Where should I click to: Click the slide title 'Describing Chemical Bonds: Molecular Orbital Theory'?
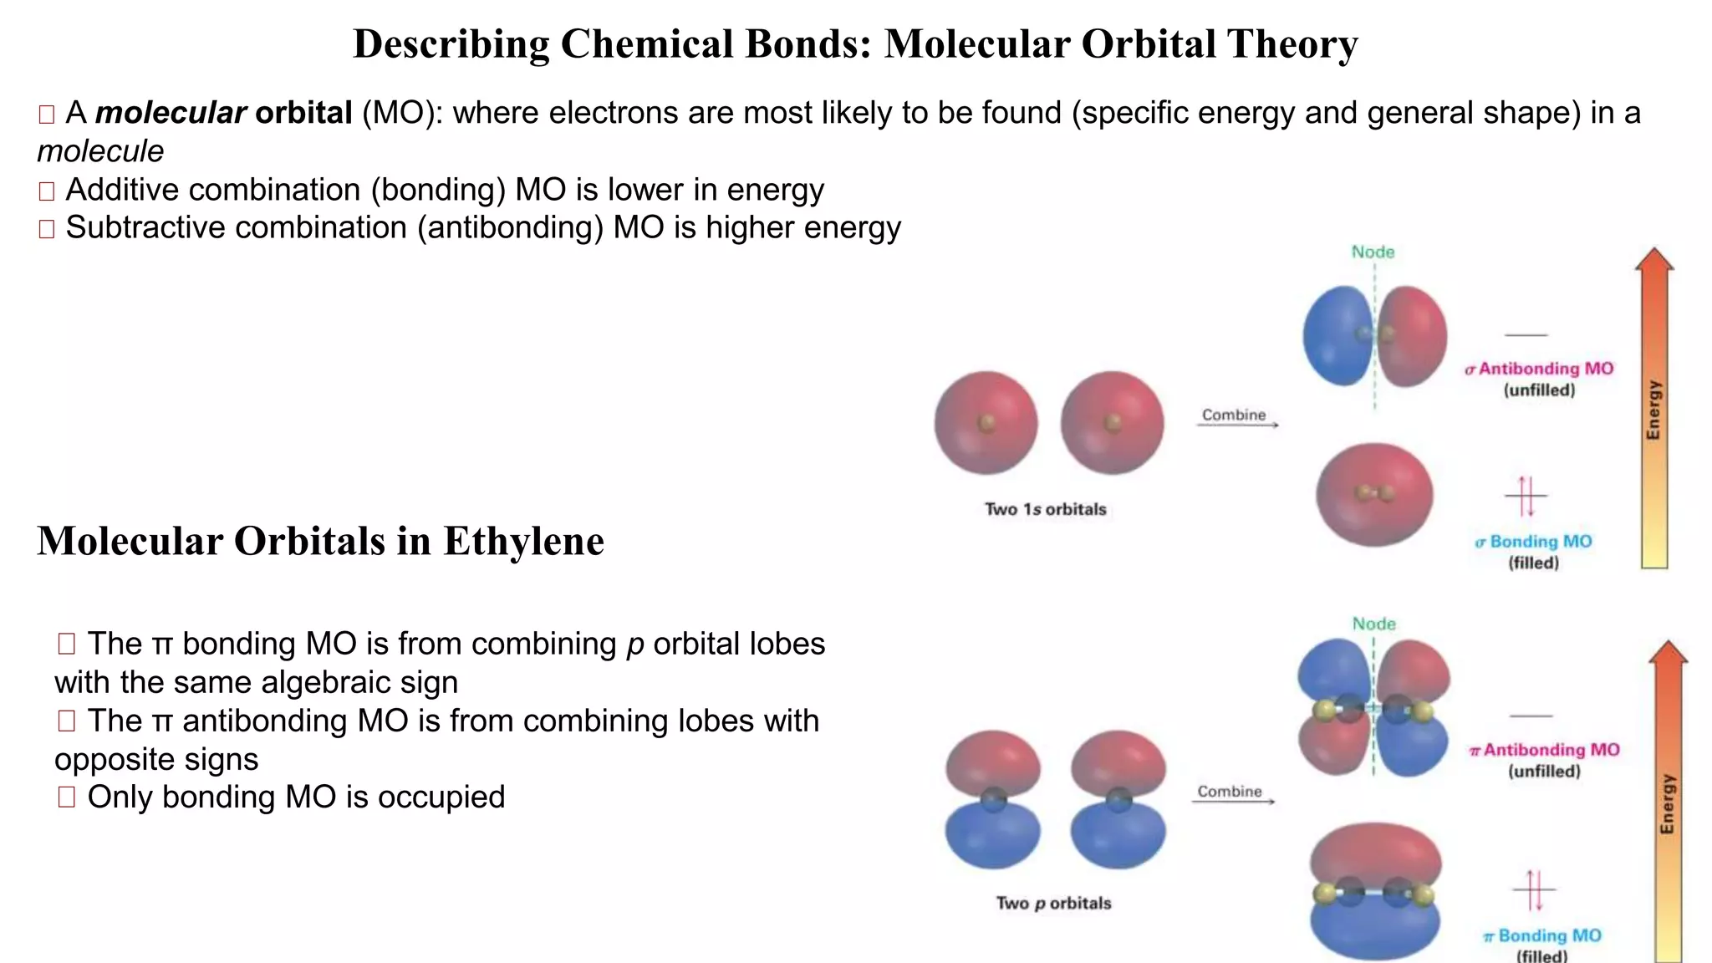tap(855, 44)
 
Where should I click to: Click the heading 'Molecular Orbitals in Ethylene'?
tap(320, 541)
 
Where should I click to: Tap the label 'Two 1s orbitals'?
tap(1045, 509)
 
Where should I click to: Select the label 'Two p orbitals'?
tap(1053, 903)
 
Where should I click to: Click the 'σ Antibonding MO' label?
tap(1539, 369)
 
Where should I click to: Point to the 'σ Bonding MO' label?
tap(1533, 542)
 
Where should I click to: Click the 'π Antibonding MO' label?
tap(1544, 750)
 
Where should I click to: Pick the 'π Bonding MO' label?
tap(1542, 935)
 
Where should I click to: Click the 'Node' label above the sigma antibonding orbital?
tap(1373, 252)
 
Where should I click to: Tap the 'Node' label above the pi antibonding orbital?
tap(1373, 624)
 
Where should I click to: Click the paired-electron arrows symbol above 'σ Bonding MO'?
tap(1526, 497)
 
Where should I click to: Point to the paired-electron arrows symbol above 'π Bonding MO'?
tap(1534, 889)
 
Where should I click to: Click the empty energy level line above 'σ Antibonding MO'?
tap(1526, 335)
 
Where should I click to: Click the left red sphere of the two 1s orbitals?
tap(986, 422)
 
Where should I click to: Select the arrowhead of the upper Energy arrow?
tap(1653, 260)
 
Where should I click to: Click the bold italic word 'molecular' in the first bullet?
tap(171, 113)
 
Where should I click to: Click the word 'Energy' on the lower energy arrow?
tap(1668, 803)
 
